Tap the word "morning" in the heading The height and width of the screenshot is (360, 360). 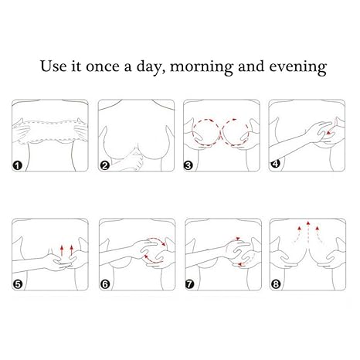coord(202,68)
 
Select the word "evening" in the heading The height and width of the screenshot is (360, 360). coord(298,68)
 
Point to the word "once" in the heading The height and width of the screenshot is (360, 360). coord(103,67)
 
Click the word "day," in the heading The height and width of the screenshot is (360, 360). coord(151,67)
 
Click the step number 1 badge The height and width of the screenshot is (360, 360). coord(17,165)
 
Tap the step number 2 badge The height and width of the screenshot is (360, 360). coord(104,165)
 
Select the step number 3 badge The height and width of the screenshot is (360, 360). coord(188,165)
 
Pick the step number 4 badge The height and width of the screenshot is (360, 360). coord(275,164)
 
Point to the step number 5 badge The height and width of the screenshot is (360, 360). coord(18,284)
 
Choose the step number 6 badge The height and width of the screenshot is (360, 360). coord(105,284)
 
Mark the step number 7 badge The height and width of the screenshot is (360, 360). coord(190,284)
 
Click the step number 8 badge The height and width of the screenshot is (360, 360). coord(276,284)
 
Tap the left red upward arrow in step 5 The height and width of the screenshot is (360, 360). coord(62,250)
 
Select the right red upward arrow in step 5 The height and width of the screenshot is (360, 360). coord(72,250)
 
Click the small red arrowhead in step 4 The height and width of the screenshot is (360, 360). coord(328,133)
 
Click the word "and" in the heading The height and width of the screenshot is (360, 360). coord(251,66)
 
